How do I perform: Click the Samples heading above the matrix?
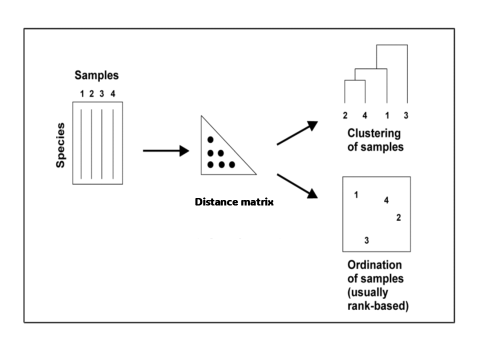(x=96, y=75)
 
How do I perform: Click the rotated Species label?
(x=61, y=145)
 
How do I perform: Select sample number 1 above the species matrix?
(x=81, y=93)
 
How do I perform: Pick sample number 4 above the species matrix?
(x=112, y=93)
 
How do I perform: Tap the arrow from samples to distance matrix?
(x=165, y=150)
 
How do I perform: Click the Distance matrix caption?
(x=234, y=202)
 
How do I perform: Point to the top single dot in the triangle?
(x=210, y=139)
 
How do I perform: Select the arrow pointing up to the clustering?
(x=297, y=133)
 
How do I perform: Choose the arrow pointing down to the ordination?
(x=297, y=185)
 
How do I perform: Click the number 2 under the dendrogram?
(x=345, y=116)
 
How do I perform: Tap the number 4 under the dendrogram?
(x=364, y=116)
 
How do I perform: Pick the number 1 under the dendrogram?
(x=387, y=116)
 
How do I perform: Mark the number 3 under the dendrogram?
(x=406, y=116)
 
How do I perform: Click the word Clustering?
(x=374, y=134)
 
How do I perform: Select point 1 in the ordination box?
(x=356, y=195)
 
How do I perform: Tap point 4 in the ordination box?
(x=386, y=200)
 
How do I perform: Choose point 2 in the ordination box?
(x=398, y=217)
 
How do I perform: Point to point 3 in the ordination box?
(x=366, y=240)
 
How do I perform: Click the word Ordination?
(x=374, y=265)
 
